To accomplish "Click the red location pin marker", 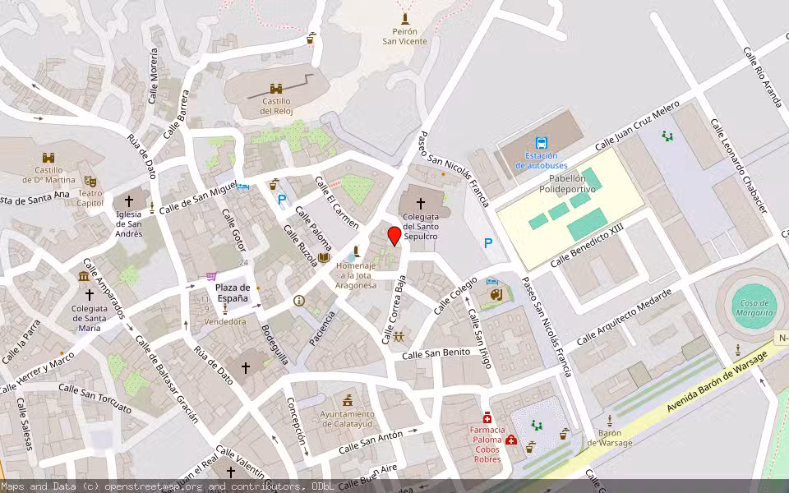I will (x=394, y=236).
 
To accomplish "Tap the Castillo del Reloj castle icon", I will (x=277, y=88).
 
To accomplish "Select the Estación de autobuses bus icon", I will (x=542, y=142).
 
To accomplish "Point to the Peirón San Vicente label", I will (x=404, y=36).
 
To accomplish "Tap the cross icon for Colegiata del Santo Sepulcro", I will (x=421, y=203).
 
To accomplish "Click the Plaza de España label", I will (x=233, y=293).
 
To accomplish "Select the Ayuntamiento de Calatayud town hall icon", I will (x=348, y=399).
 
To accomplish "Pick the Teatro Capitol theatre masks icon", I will (x=90, y=180).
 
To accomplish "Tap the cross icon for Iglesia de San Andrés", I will (x=128, y=201).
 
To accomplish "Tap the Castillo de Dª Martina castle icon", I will (x=48, y=157).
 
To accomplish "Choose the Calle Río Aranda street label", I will (x=763, y=77).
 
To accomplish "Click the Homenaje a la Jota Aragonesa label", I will (x=356, y=275).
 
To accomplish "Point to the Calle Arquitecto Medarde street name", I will (x=624, y=317).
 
